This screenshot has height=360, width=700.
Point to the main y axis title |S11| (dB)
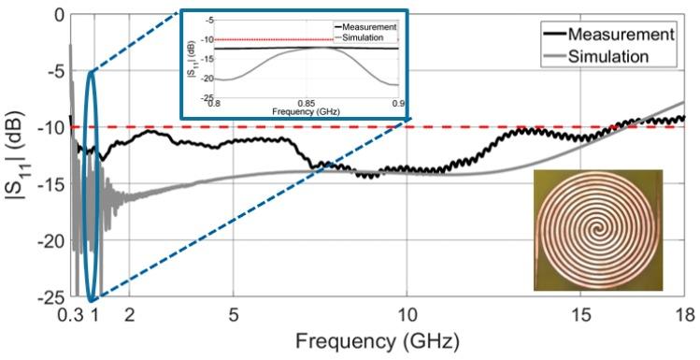coord(17,156)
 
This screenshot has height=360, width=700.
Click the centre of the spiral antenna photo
coord(597,227)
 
